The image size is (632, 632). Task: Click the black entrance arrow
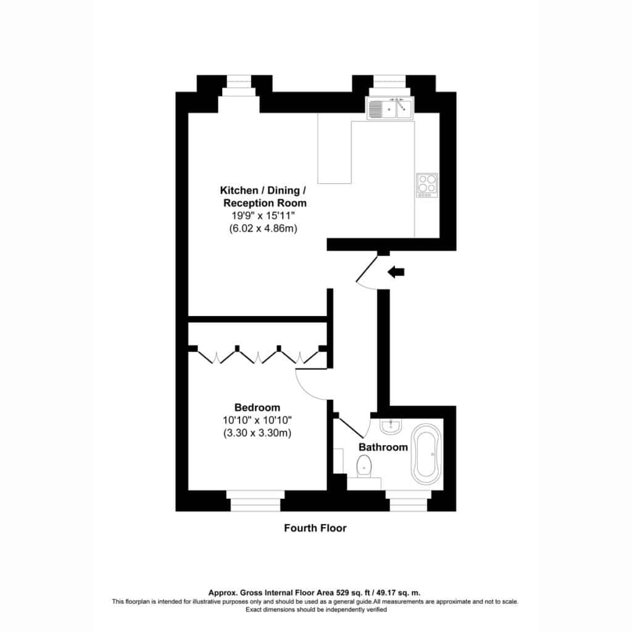tap(396, 272)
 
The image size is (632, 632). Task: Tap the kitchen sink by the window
tap(390, 109)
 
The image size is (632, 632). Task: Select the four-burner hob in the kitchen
tap(427, 185)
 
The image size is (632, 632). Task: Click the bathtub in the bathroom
tap(426, 454)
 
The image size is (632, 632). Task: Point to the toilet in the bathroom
tap(364, 467)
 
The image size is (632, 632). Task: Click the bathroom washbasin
tap(390, 426)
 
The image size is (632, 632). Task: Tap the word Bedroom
tap(257, 407)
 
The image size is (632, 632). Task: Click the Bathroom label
tap(383, 447)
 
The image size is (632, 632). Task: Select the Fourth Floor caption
tap(315, 528)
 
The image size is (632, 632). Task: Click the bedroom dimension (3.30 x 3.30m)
tap(257, 433)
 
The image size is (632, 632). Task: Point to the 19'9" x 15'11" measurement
tap(263, 215)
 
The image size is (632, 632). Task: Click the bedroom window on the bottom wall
tap(256, 501)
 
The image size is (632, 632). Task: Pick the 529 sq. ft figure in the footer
tap(353, 592)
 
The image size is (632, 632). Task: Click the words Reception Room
tap(265, 202)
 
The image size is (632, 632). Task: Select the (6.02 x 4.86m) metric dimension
tap(263, 228)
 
